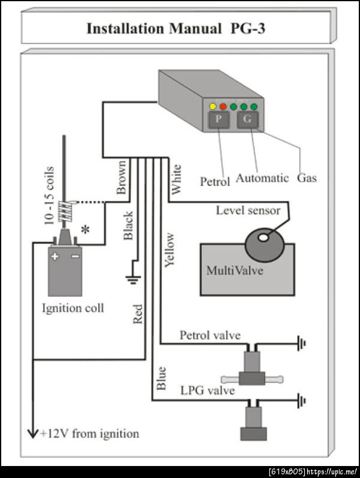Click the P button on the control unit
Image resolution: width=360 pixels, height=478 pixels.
(219, 120)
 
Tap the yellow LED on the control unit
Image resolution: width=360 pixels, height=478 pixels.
(212, 107)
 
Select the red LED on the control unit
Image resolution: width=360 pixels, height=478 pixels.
(222, 107)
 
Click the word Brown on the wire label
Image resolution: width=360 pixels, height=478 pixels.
(121, 178)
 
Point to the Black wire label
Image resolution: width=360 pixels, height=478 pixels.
(128, 226)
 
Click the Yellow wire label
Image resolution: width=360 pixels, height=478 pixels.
(169, 249)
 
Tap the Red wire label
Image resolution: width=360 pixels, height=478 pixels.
(138, 314)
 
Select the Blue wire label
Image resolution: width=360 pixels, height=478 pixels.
(161, 378)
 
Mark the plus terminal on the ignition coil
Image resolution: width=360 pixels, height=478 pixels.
(55, 256)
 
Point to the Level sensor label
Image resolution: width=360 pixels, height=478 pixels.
(248, 211)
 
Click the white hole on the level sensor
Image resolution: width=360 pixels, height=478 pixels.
(263, 238)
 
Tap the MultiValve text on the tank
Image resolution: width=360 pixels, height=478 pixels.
(235, 270)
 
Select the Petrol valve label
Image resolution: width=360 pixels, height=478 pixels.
(210, 335)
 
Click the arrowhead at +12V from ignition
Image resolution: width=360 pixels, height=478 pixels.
(34, 433)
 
